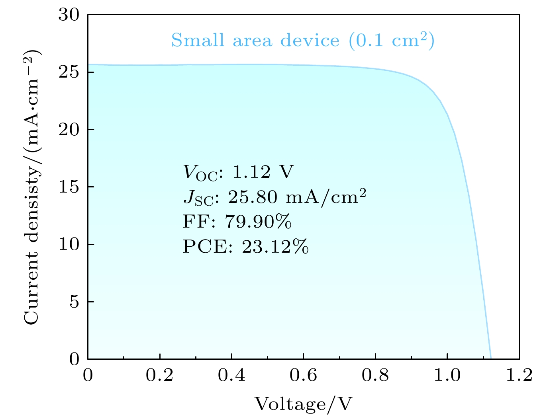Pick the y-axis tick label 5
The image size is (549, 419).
(x=74, y=302)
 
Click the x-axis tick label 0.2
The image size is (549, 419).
(x=159, y=375)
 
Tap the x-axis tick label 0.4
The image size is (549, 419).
(x=231, y=375)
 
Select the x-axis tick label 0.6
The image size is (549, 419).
(x=303, y=375)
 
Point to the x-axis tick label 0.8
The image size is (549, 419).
(x=375, y=375)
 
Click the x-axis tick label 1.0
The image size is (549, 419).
(x=447, y=375)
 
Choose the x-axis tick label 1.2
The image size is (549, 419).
(x=519, y=375)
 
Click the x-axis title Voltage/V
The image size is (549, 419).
(x=304, y=404)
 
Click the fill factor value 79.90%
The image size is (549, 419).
(x=258, y=222)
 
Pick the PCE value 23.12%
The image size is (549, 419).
(x=275, y=247)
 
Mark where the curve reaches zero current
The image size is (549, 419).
(x=490, y=359)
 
